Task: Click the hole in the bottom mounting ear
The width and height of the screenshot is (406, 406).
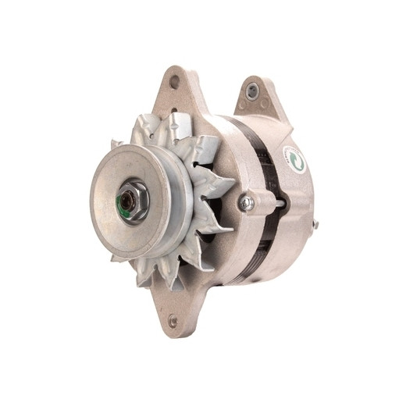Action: tap(173, 320)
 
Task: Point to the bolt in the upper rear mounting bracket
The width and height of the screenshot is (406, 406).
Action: tap(251, 91)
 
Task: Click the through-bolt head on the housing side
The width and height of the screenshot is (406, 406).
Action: tap(247, 203)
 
